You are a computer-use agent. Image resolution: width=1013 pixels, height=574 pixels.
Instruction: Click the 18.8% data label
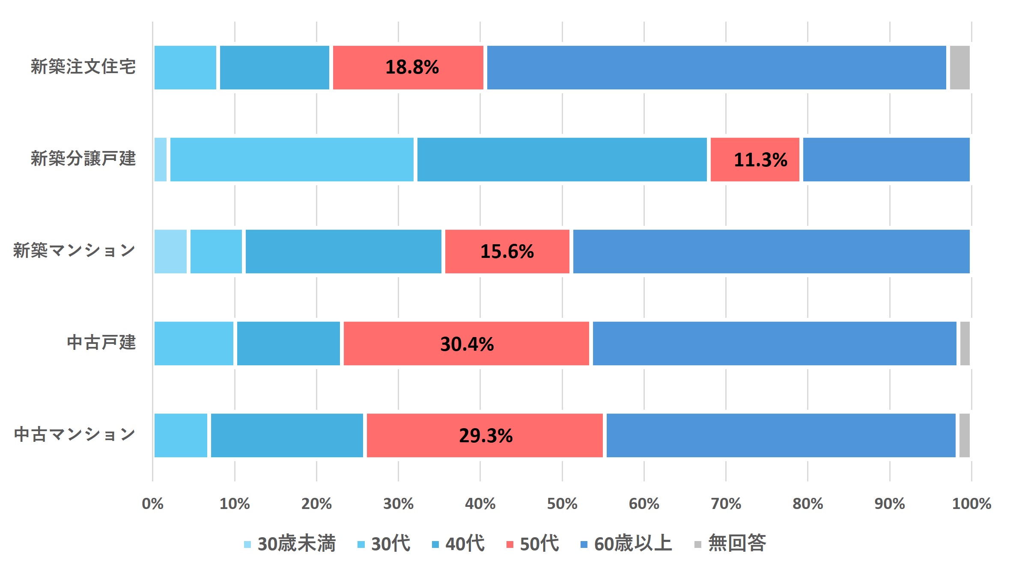click(412, 67)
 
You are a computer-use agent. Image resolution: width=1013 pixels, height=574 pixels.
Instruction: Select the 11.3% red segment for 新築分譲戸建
click(755, 160)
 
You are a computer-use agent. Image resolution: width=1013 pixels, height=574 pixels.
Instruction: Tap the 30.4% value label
click(467, 344)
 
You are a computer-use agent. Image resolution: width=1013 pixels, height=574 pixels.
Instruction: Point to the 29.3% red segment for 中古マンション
click(485, 435)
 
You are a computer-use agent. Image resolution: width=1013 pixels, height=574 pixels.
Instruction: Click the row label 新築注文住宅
click(83, 67)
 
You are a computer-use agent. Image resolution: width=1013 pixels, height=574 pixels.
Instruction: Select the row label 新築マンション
click(74, 251)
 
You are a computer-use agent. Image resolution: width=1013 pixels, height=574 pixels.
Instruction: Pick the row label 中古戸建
click(101, 343)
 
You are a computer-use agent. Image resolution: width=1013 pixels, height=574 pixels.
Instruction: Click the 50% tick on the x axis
click(562, 504)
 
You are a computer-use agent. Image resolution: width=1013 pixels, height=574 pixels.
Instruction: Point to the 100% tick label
click(971, 504)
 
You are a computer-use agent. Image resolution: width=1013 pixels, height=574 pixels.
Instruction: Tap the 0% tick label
click(152, 504)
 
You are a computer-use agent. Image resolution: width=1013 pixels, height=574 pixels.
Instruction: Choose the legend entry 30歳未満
click(290, 544)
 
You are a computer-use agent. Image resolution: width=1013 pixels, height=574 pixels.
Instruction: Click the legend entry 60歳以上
click(626, 544)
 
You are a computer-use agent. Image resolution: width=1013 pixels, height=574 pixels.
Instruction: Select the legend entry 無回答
click(730, 544)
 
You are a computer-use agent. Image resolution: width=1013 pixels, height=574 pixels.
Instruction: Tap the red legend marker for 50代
click(509, 544)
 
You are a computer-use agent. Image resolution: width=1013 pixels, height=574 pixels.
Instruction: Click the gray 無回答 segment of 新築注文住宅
click(959, 68)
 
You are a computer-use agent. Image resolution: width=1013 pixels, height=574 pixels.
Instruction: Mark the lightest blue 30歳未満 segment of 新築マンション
click(170, 251)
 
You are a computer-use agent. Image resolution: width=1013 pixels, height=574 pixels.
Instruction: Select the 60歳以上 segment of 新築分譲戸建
click(886, 160)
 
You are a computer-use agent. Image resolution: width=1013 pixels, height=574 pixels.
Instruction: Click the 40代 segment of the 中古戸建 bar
click(288, 343)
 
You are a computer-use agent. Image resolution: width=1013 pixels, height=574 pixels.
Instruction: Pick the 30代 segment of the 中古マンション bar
click(181, 435)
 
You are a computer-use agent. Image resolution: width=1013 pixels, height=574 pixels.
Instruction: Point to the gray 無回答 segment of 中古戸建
click(965, 343)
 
